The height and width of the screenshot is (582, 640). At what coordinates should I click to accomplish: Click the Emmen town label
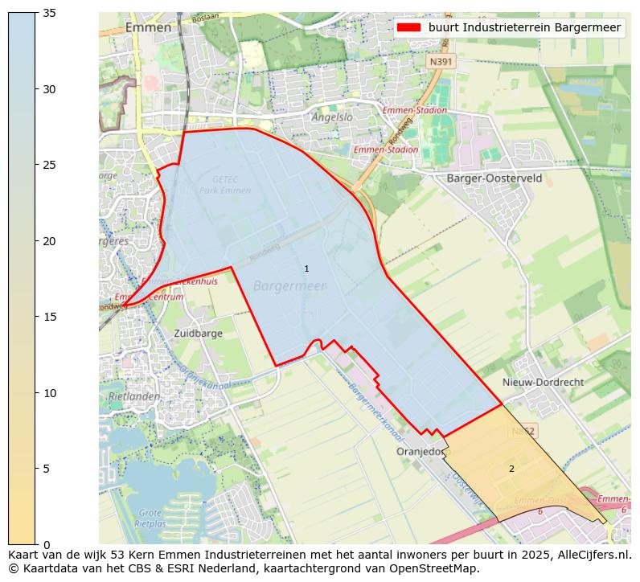[148, 27]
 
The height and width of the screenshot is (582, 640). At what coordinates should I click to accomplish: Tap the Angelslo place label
[332, 117]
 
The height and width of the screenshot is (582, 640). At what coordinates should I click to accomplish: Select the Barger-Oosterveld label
[494, 178]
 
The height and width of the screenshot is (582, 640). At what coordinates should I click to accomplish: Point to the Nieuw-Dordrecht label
[543, 383]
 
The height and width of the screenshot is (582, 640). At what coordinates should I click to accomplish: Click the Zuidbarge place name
[198, 333]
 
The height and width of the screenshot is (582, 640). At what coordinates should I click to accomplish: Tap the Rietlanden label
[134, 396]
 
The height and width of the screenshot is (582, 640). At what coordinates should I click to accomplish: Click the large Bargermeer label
[289, 286]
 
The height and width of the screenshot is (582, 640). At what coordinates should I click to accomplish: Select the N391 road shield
[441, 61]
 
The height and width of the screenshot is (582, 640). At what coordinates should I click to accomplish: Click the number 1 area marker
[306, 268]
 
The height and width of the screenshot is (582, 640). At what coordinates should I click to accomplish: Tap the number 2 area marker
[511, 469]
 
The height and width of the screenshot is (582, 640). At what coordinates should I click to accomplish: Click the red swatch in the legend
[408, 27]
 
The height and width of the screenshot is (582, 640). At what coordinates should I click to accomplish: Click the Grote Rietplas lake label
[150, 517]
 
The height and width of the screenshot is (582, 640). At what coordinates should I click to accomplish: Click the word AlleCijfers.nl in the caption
[590, 555]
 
